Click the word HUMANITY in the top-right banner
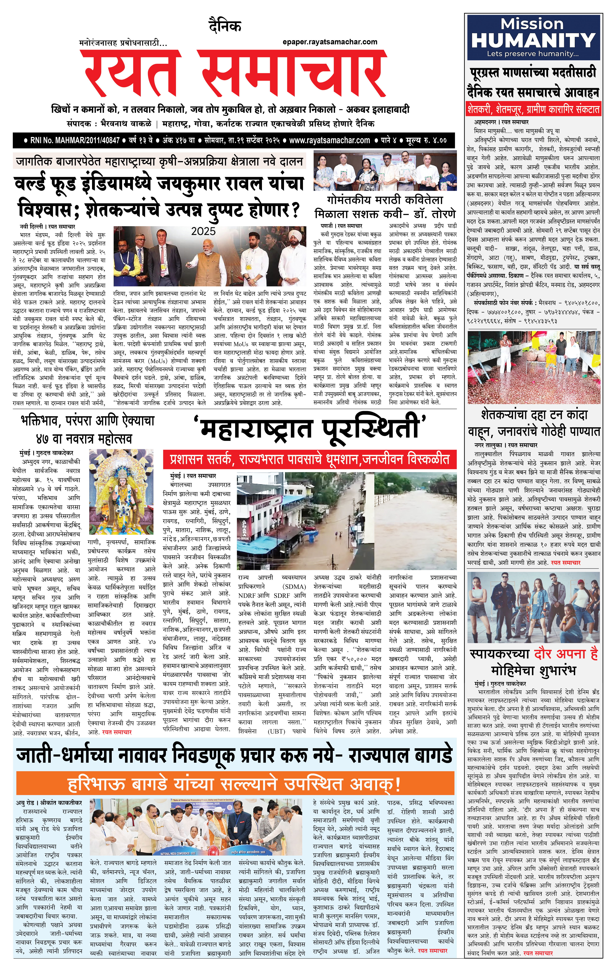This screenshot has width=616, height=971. pyautogui.click(x=533, y=40)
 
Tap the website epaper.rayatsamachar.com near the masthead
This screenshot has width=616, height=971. pyautogui.click(x=330, y=42)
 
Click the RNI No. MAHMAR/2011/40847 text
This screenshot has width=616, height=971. pyautogui.click(x=75, y=140)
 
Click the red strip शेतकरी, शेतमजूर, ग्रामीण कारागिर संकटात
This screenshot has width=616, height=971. pyautogui.click(x=533, y=109)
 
